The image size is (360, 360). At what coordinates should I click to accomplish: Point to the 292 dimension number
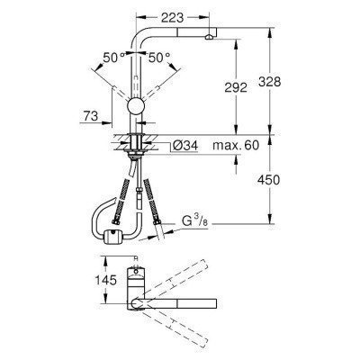click(236, 88)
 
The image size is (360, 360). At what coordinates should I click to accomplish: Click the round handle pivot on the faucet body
click(137, 109)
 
